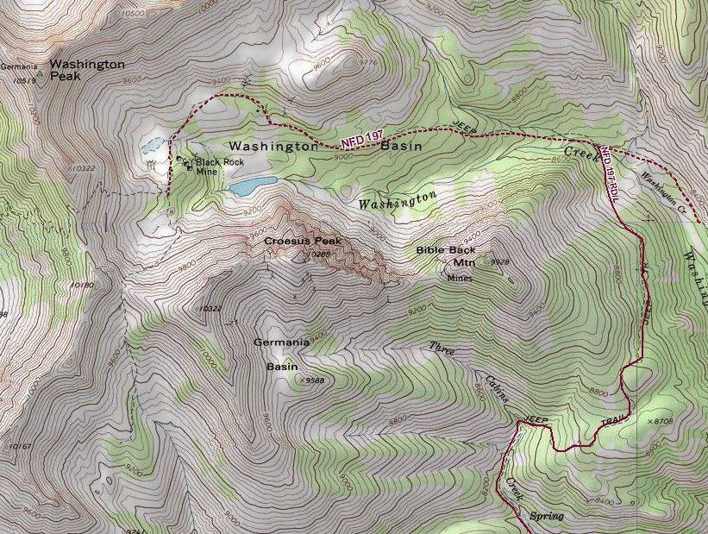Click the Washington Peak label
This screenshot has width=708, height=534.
86,70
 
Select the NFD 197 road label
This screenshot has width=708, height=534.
361,138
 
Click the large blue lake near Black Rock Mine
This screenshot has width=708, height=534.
253,185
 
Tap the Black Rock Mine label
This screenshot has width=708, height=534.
219,166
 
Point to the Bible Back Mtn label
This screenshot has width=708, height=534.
445,256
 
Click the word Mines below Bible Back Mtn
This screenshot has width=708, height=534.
459,278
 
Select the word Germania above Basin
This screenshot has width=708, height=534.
281,342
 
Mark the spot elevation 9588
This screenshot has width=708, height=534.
313,379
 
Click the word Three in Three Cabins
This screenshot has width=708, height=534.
442,349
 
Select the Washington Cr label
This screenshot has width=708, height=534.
661,192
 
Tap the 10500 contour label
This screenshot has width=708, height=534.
133,13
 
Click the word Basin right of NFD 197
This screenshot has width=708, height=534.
402,147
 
